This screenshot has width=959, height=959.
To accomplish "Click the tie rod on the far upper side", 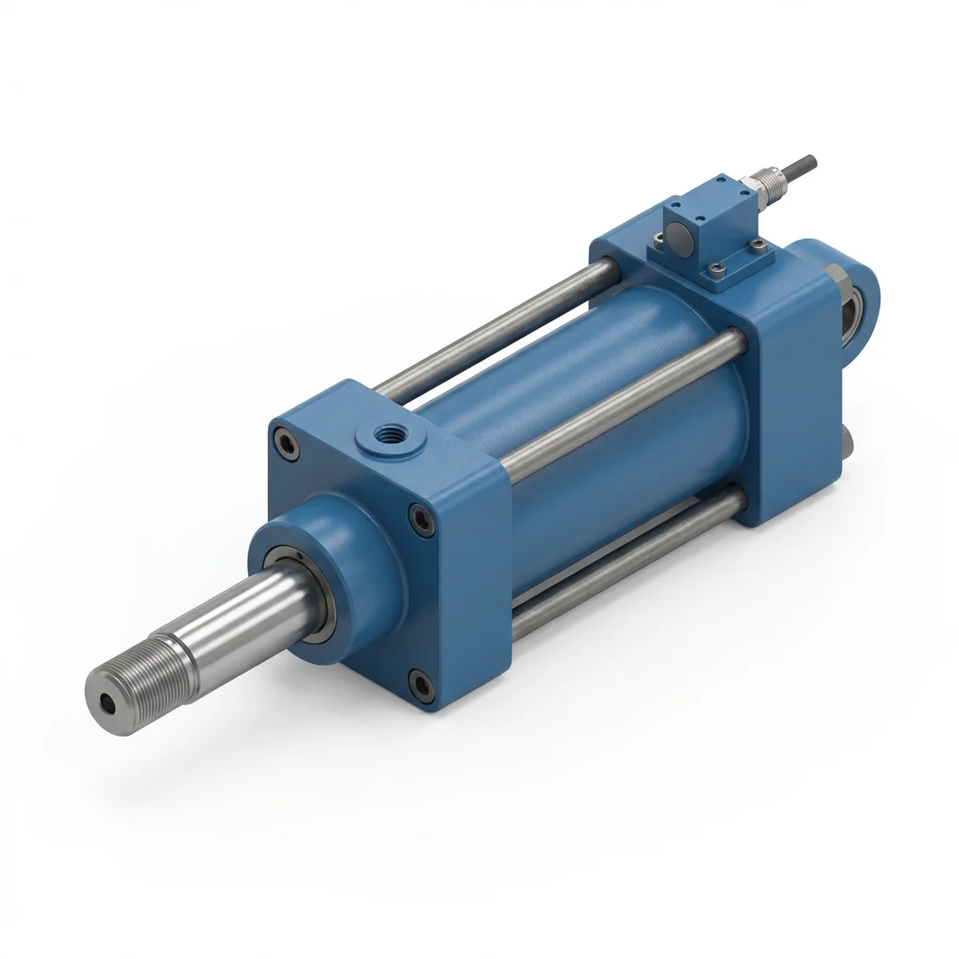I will click(496, 323).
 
